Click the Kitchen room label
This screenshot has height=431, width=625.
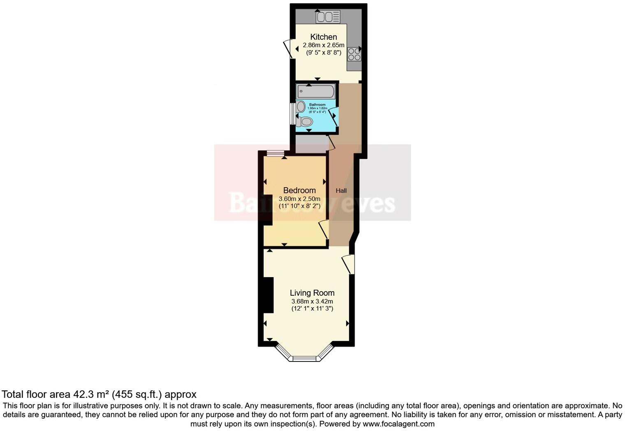(323, 37)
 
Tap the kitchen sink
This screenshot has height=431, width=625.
(328, 17)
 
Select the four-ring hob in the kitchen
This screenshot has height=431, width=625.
(354, 54)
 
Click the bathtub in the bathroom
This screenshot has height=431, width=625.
(315, 91)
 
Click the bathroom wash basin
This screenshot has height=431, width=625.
(301, 107)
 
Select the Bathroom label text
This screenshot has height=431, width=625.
(317, 105)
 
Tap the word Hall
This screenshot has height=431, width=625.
(341, 190)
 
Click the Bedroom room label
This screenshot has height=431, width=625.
(299, 190)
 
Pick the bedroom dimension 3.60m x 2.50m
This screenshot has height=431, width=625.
(299, 199)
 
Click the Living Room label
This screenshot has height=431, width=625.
(312, 293)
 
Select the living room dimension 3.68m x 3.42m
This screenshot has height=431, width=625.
(312, 301)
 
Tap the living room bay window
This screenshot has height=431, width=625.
(304, 357)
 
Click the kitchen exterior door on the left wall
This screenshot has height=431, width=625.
(288, 49)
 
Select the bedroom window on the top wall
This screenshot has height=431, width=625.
(275, 154)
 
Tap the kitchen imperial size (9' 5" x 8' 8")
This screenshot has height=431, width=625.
(324, 53)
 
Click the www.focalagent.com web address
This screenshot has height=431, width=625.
(398, 424)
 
